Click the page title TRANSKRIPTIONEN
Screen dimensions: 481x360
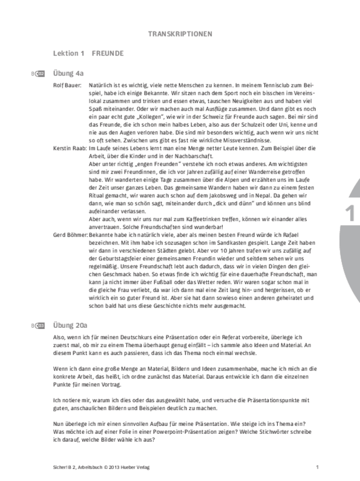pyautogui.click(x=180, y=33)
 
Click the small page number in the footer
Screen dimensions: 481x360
pyautogui.click(x=317, y=467)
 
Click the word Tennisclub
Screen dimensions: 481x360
pyautogui.click(x=275, y=85)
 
